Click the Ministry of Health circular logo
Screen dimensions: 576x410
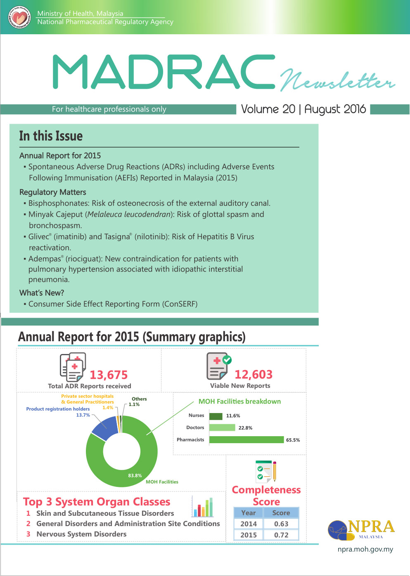point(19,17)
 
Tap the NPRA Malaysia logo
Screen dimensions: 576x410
point(361,529)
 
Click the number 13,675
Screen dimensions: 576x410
point(109,375)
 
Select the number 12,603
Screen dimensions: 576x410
point(254,374)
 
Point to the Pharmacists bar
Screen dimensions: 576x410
point(246,440)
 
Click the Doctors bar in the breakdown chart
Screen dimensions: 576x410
point(222,427)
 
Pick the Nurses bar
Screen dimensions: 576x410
point(216,416)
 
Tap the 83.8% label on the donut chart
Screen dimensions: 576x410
point(135,475)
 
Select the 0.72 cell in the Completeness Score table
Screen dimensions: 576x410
point(281,535)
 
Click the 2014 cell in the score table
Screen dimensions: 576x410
point(249,524)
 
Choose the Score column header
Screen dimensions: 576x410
point(281,513)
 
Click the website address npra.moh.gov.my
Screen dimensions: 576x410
point(365,549)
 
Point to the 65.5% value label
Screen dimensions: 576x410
point(293,440)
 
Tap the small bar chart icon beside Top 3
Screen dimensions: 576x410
point(203,507)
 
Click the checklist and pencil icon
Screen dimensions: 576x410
point(266,471)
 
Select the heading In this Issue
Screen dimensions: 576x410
point(51,136)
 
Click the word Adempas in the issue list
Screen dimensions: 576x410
point(45,259)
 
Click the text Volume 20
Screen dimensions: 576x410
point(268,109)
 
